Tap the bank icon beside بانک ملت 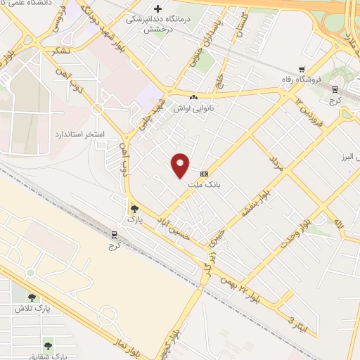click(205, 174)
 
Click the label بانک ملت click(205, 184)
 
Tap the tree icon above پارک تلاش click(31, 297)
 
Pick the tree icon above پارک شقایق click(48, 345)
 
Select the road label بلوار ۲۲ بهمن click(244, 284)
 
